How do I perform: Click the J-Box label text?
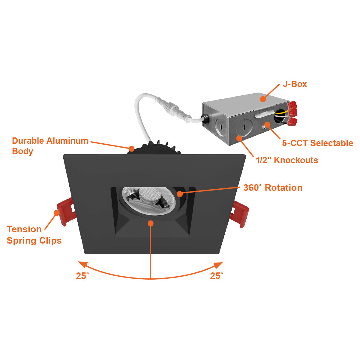pyautogui.click(x=295, y=84)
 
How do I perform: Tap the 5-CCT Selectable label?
pyautogui.click(x=317, y=143)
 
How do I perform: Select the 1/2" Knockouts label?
pyautogui.click(x=287, y=160)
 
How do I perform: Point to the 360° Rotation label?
pyautogui.click(x=273, y=188)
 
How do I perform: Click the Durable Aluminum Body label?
pyautogui.click(x=50, y=146)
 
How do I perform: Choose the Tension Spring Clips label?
pyautogui.click(x=34, y=235)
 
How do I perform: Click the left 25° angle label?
pyautogui.click(x=82, y=276)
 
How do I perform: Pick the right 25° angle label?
pyautogui.click(x=216, y=276)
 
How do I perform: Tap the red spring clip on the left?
pyautogui.click(x=66, y=211)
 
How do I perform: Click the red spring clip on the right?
pyautogui.click(x=241, y=214)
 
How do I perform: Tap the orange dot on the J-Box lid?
pyautogui.click(x=263, y=99)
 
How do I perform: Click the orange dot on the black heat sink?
pyautogui.click(x=131, y=148)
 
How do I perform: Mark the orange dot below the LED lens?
pyautogui.click(x=151, y=223)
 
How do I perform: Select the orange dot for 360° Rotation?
pyautogui.click(x=180, y=194)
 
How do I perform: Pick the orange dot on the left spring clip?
pyautogui.click(x=56, y=212)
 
